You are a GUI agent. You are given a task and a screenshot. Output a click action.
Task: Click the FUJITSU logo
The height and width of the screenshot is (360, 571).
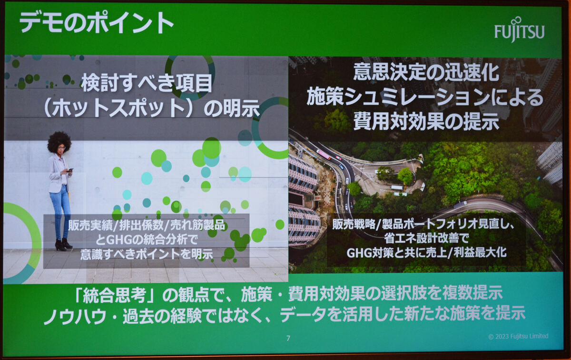(520, 30)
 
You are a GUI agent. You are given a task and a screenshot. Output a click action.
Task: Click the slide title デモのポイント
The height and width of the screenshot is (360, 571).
(96, 22)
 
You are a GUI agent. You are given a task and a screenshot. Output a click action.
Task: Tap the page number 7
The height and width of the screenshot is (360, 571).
(288, 338)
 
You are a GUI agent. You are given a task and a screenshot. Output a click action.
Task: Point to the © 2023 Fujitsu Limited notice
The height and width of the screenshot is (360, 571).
(518, 336)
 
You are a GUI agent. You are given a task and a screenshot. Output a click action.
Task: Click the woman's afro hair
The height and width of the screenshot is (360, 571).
(59, 141)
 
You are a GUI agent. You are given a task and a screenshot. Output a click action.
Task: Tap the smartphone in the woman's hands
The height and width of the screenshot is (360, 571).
(70, 170)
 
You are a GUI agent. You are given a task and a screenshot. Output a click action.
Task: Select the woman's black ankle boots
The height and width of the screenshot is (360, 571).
(63, 244)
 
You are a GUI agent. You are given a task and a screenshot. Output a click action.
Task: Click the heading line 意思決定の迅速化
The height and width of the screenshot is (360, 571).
(426, 73)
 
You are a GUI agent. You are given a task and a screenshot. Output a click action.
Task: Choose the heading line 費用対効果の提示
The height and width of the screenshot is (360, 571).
(426, 121)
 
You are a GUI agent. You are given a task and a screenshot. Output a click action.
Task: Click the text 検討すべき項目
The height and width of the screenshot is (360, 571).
(147, 83)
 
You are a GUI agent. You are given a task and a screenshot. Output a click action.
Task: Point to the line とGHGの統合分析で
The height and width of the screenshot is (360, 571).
(147, 240)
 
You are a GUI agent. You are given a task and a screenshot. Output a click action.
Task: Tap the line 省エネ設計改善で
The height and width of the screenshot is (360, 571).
(426, 238)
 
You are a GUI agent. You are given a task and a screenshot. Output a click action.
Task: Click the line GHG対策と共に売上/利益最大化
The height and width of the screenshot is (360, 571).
(426, 253)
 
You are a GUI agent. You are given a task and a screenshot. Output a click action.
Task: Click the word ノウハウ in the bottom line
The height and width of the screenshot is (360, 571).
(75, 316)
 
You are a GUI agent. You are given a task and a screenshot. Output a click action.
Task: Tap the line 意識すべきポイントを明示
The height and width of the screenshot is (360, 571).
(147, 254)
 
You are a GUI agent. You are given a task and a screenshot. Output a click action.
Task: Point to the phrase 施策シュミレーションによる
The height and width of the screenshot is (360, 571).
(424, 97)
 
